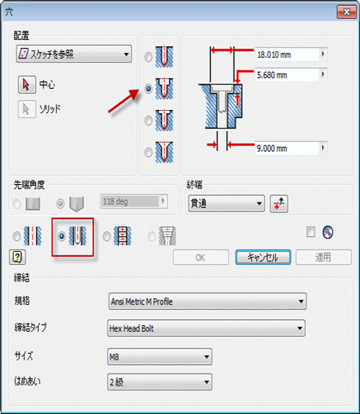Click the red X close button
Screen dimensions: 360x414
pyautogui.click(x=347, y=12)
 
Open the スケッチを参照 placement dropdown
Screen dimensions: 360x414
pyautogui.click(x=73, y=54)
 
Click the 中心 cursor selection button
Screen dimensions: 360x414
pyautogui.click(x=27, y=84)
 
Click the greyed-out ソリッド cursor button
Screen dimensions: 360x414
pyautogui.click(x=27, y=109)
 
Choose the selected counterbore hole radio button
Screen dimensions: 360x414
pyautogui.click(x=148, y=88)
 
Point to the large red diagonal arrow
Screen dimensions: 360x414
pyautogui.click(x=123, y=101)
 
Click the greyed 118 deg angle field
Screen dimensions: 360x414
pyautogui.click(x=134, y=202)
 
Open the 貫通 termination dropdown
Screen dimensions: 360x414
pyautogui.click(x=226, y=203)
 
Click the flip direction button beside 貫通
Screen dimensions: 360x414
pyautogui.click(x=279, y=203)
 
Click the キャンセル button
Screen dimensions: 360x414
pyautogui.click(x=263, y=257)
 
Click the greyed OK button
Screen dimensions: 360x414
pyautogui.click(x=201, y=257)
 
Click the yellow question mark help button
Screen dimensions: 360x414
pyautogui.click(x=18, y=257)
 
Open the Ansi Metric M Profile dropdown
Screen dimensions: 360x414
pyautogui.click(x=207, y=301)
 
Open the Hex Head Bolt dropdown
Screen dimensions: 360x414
pyautogui.click(x=206, y=328)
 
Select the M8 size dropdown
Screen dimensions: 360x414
pyautogui.click(x=159, y=357)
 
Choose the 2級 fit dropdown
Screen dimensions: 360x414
pyautogui.click(x=159, y=382)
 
